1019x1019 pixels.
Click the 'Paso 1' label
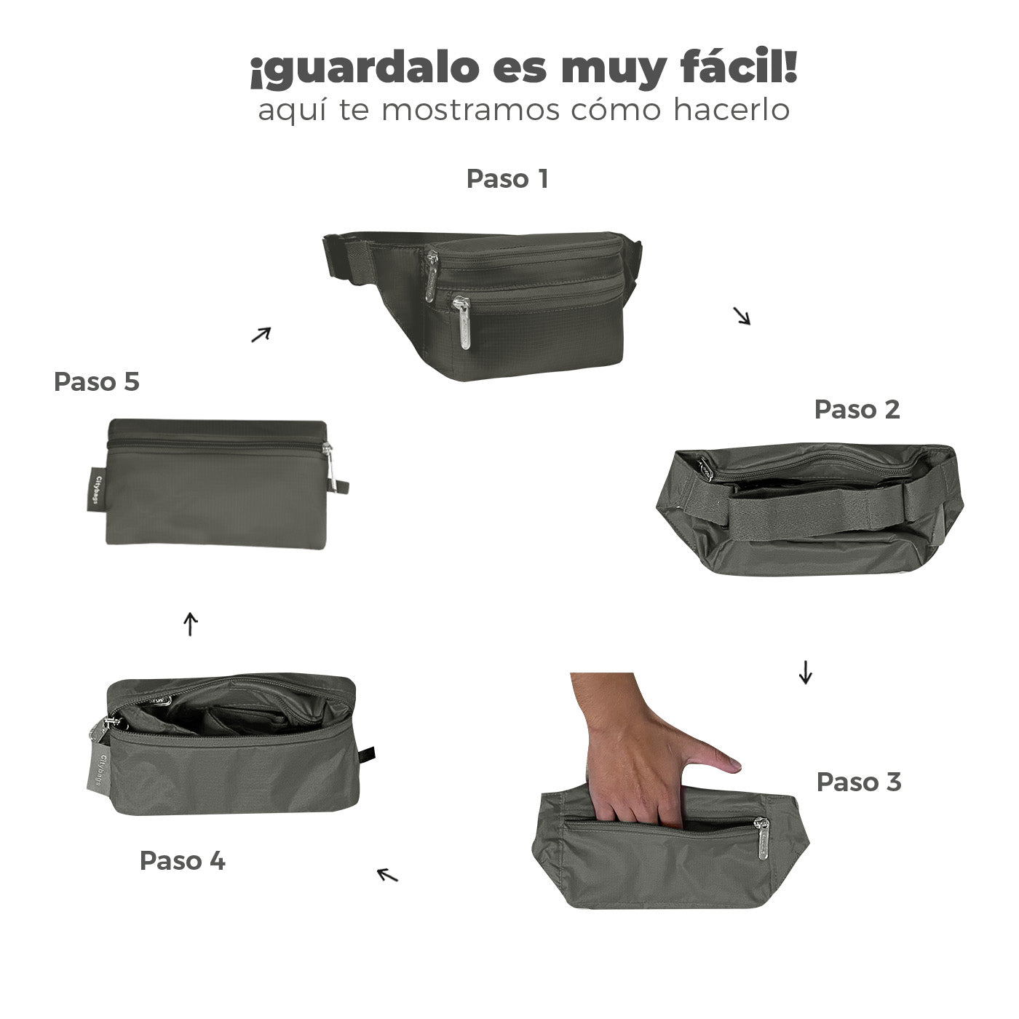(x=507, y=179)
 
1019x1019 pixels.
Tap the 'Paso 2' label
(x=857, y=409)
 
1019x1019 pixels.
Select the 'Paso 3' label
(x=859, y=782)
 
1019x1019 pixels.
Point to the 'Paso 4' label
(x=183, y=860)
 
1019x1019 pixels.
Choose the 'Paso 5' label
(x=97, y=381)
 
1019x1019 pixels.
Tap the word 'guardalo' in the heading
(x=365, y=71)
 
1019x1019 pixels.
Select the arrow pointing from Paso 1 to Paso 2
(x=742, y=316)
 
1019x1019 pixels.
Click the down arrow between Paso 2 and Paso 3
(x=805, y=672)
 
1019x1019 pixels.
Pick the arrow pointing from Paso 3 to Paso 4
(x=387, y=875)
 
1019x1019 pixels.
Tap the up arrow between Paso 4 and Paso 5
(x=191, y=624)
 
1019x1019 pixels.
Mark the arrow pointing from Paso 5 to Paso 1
(x=261, y=335)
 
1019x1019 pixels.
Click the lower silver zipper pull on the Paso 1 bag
(x=462, y=322)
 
